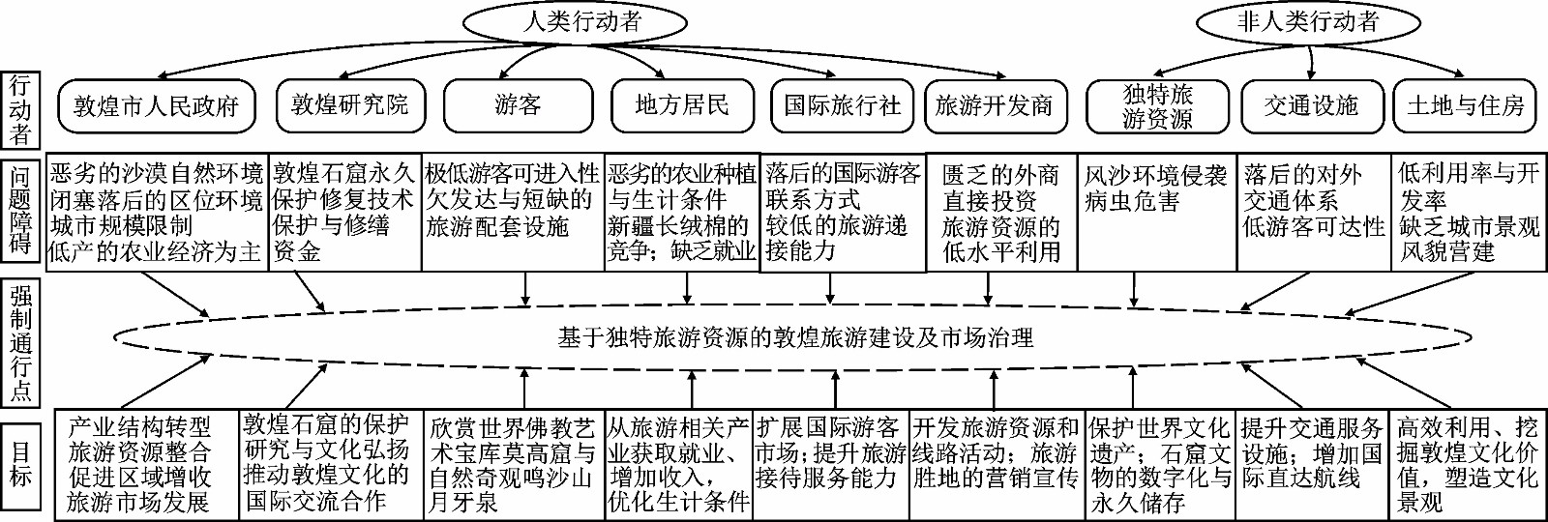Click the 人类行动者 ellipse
[x=575, y=23]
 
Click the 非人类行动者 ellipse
[x=1308, y=23]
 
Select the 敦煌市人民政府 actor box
[x=156, y=105]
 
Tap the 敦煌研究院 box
[x=349, y=105]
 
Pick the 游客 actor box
[x=518, y=105]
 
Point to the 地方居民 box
[x=682, y=105]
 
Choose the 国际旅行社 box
[x=843, y=105]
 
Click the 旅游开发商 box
[x=994, y=105]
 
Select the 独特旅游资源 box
[x=1157, y=106]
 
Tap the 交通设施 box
[x=1311, y=105]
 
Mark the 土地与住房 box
[x=1466, y=105]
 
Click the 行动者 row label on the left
[x=19, y=109]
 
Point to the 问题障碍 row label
[x=19, y=210]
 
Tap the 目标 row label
[x=19, y=464]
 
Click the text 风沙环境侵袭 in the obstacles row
[x=1155, y=175]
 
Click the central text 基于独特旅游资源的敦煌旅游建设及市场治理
[x=795, y=337]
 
